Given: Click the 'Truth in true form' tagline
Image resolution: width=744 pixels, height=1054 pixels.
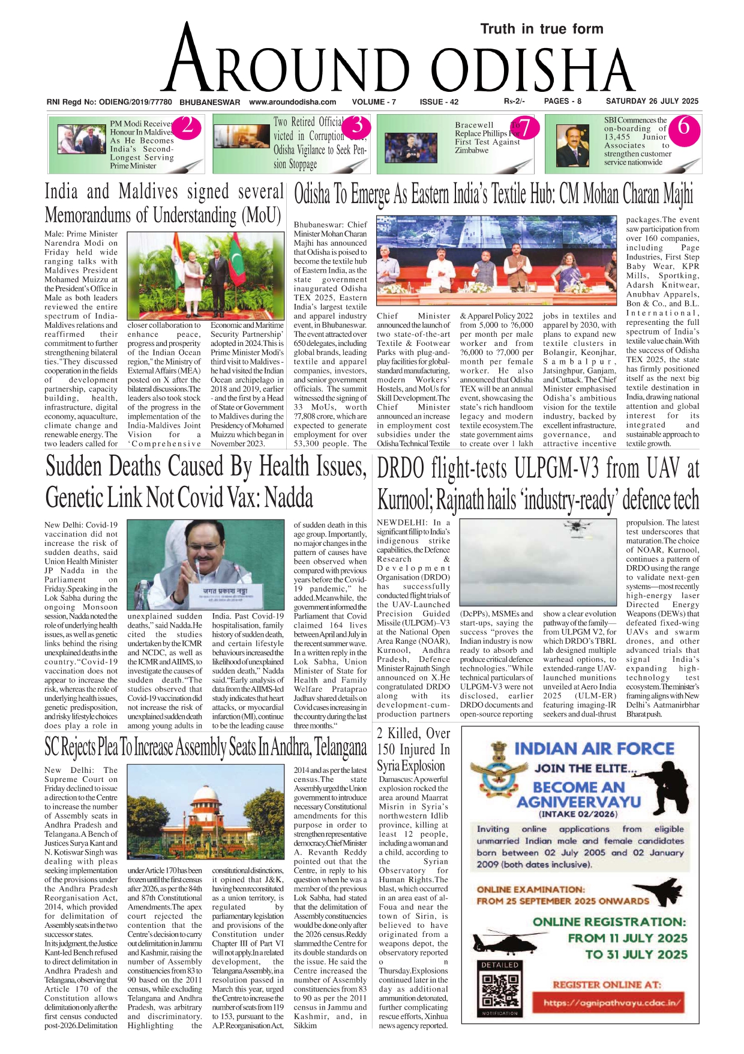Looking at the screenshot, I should (541, 29).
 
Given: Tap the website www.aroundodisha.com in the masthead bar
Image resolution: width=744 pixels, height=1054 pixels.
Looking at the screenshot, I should (292, 102).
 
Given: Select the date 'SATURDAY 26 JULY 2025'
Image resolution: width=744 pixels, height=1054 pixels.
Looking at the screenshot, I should (652, 101).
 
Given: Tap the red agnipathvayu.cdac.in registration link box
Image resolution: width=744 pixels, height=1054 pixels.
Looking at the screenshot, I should (612, 1002).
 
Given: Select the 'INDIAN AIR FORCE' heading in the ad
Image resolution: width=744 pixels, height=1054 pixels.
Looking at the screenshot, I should (594, 748).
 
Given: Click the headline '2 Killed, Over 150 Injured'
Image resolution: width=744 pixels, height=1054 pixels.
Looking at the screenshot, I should (413, 750).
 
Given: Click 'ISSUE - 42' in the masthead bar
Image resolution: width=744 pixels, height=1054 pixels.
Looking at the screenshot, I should (439, 102).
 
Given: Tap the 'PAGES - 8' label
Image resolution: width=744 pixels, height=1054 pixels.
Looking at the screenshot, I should (562, 101).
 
